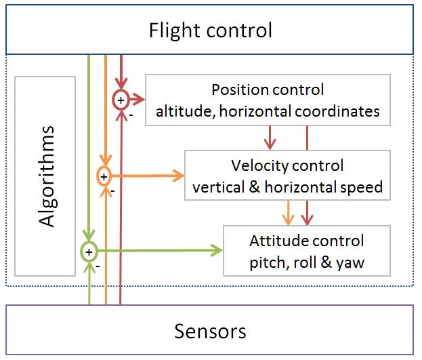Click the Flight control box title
(210, 31)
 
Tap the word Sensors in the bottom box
(210, 332)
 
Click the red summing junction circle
(120, 100)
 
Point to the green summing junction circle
(89, 252)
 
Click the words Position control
(268, 89)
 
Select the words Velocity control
(287, 165)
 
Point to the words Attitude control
(306, 241)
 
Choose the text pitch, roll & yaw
(306, 262)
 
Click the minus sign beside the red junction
(131, 115)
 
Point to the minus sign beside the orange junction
(113, 192)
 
